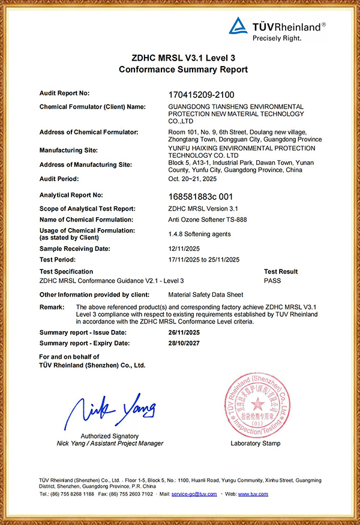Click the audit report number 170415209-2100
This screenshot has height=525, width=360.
tap(206, 94)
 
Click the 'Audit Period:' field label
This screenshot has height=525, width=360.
tap(59, 179)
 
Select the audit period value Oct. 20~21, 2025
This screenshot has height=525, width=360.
tap(193, 179)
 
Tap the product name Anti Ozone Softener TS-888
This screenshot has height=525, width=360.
tap(208, 220)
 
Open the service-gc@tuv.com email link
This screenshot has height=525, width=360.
tap(194, 494)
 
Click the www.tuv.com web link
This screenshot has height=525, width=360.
tap(253, 494)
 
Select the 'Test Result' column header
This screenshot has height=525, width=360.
tap(281, 272)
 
